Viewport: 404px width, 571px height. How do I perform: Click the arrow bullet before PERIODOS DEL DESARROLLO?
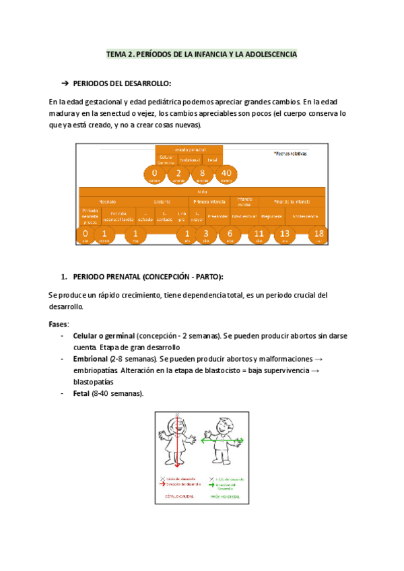(x=65, y=83)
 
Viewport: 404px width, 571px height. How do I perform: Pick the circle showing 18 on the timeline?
(x=318, y=235)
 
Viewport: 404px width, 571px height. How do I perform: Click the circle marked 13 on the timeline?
(x=284, y=235)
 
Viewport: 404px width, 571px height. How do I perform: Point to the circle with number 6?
(x=230, y=235)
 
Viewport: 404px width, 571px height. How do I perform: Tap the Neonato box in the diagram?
(x=108, y=201)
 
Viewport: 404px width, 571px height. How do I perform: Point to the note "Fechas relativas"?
(x=290, y=154)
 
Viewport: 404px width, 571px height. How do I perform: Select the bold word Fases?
(x=58, y=324)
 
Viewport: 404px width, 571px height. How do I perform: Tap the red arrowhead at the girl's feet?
(x=178, y=466)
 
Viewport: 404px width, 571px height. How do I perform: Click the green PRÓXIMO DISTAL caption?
(x=224, y=497)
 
